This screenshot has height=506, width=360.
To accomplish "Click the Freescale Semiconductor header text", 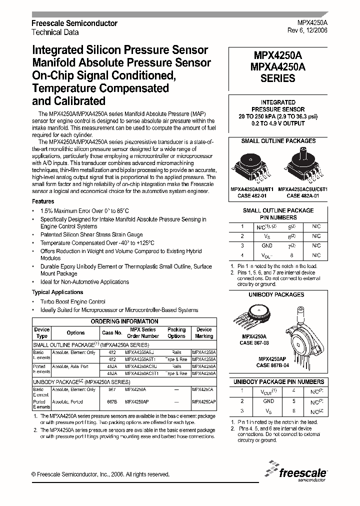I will (74, 23).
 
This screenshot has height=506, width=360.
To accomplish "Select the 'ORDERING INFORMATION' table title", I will (124, 321).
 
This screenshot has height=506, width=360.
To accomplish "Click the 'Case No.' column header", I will (112, 333).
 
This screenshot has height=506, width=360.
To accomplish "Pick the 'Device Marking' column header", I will (204, 333).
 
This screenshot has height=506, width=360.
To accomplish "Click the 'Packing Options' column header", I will (176, 333).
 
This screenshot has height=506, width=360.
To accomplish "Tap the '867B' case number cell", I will (112, 401).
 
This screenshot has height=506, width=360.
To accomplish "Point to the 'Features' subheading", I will (43, 201).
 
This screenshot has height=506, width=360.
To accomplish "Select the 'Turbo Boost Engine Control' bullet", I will (73, 301).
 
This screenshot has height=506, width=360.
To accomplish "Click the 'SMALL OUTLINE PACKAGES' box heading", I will (278, 141).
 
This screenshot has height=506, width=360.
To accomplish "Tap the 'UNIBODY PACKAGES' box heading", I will (276, 294).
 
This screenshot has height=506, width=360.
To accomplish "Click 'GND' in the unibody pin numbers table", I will (268, 401).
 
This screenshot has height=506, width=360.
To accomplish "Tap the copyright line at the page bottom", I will (100, 474).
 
